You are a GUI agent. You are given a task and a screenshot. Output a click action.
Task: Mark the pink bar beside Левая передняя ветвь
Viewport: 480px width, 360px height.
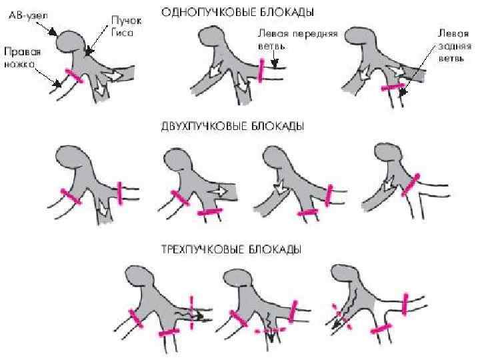click(x=261, y=69)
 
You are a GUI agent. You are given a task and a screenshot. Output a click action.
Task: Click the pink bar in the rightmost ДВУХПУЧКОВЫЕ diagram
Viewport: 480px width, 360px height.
click(x=411, y=183)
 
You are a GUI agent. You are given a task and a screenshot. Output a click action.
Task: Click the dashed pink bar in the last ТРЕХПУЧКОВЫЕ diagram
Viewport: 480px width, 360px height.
click(x=341, y=311)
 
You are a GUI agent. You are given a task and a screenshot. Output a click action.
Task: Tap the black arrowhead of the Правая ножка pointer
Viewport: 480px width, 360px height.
click(x=58, y=85)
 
